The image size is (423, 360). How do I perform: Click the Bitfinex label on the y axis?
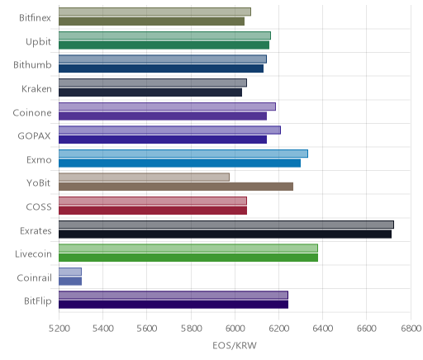click(x=35, y=18)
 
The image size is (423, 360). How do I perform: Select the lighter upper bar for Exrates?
click(x=226, y=225)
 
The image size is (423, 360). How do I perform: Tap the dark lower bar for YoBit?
click(x=176, y=187)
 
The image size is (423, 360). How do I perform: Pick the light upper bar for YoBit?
click(x=144, y=177)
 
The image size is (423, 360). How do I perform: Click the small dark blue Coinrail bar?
click(x=70, y=282)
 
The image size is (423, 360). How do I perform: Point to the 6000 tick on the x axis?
click(x=235, y=329)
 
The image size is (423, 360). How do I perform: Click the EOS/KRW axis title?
click(x=235, y=345)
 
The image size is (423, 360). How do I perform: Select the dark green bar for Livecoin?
click(x=188, y=258)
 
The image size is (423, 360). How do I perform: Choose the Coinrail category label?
click(x=34, y=278)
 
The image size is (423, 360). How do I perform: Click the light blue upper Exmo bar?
click(x=183, y=154)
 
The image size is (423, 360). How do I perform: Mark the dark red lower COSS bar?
click(x=153, y=211)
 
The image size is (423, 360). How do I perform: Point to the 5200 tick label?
click(x=59, y=329)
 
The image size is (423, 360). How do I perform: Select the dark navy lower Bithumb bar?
click(x=161, y=69)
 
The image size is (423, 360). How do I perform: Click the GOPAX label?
click(x=35, y=136)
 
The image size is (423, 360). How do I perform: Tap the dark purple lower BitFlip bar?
click(x=173, y=305)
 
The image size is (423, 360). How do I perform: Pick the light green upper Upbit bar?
click(x=164, y=36)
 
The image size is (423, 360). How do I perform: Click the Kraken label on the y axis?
click(x=36, y=89)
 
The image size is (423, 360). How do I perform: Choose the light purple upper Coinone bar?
click(x=167, y=107)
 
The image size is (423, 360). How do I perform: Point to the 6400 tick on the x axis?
click(x=323, y=329)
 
